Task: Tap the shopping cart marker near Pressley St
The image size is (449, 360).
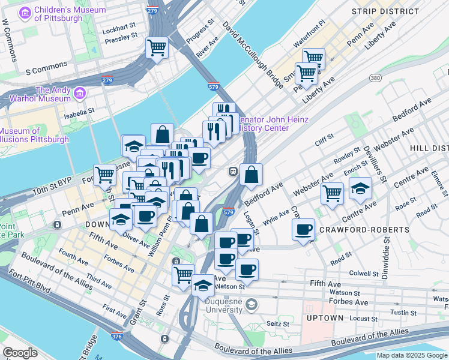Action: [x=157, y=48]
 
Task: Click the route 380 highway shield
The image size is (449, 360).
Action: [x=376, y=78]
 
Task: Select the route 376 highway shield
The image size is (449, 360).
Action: [x=115, y=338]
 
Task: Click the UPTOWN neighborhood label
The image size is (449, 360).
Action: [x=325, y=317]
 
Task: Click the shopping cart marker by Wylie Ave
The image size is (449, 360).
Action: [x=332, y=193]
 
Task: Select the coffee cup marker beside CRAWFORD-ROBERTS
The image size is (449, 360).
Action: [x=304, y=229]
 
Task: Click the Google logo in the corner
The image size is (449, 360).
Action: [x=20, y=353]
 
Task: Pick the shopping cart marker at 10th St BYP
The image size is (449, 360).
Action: [x=104, y=175]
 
